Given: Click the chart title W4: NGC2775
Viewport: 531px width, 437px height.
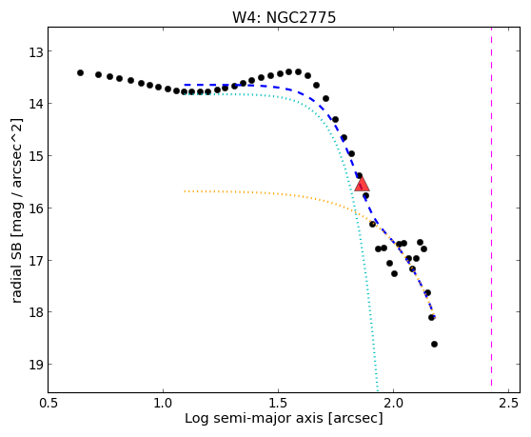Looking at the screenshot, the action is coord(284,17).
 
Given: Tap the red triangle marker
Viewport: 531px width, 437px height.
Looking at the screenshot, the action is coord(362,184).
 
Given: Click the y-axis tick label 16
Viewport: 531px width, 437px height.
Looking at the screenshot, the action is coord(35,208).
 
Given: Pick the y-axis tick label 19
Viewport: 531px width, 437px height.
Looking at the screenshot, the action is coord(35,365).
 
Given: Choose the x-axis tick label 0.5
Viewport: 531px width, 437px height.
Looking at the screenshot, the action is coord(49,404).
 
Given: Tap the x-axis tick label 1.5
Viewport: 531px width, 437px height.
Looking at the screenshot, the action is coord(278,404).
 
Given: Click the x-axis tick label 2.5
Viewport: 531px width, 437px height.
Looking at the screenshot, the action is coord(509,404).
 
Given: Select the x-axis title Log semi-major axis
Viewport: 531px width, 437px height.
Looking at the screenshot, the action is coord(254,419).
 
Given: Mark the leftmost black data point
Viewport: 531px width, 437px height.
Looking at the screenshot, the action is coord(80,72).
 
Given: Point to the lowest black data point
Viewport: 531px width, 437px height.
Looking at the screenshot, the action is coord(435,345).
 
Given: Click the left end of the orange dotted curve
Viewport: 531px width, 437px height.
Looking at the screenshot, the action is coord(185,191).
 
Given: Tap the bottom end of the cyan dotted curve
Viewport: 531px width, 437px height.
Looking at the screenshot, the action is coord(377,386).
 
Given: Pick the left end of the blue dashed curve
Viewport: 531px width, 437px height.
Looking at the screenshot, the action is coord(185,85).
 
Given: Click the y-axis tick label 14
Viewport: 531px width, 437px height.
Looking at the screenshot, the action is coord(35,104).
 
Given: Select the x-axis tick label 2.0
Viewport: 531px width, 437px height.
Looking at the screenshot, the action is coord(393,404).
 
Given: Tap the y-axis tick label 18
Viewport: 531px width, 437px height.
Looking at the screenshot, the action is coord(35,312).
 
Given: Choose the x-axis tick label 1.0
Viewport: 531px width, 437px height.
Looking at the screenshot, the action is coord(164,404).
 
